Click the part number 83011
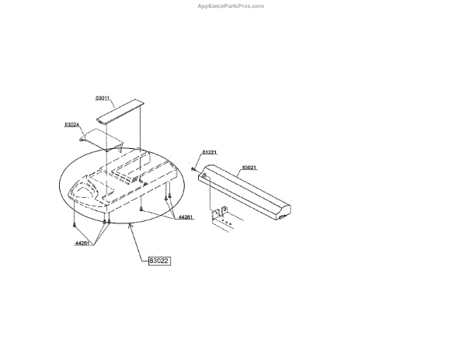click(x=103, y=99)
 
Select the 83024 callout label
click(x=72, y=124)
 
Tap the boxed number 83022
click(x=158, y=261)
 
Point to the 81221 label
click(x=210, y=152)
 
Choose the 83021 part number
click(x=249, y=168)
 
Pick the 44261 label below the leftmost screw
click(x=83, y=244)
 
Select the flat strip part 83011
click(x=121, y=112)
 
